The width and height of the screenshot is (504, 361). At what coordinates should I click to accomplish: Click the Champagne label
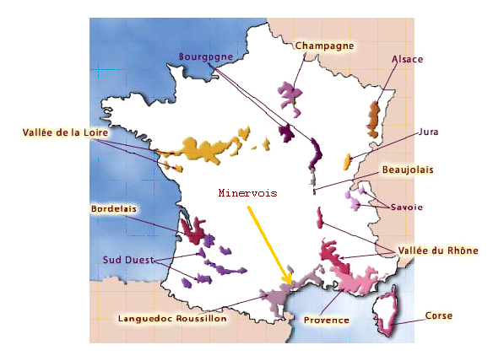point(323,46)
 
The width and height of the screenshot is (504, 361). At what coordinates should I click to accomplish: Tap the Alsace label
point(407,59)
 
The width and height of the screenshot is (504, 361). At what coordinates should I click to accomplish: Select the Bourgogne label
point(205,57)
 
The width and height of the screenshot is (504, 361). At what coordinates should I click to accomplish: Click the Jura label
point(428,132)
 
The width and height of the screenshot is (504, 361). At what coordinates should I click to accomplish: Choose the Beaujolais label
point(408,170)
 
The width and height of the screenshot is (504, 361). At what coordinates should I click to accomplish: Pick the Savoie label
point(406,207)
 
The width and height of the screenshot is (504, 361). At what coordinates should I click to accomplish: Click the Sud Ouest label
point(129,259)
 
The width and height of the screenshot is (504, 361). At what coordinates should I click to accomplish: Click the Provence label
point(327,320)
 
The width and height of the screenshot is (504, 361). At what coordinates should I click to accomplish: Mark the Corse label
point(439,316)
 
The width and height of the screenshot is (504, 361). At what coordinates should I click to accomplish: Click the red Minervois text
point(248,192)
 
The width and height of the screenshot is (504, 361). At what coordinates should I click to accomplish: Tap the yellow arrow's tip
point(290,282)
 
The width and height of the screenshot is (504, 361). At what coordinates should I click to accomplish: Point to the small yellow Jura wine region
point(345,162)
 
